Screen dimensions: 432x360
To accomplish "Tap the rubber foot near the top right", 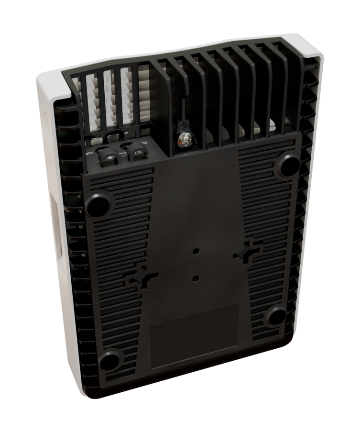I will pos(288,165).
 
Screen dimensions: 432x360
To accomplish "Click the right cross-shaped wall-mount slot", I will pos(247,251).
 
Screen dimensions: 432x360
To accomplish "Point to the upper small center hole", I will pos(196,250).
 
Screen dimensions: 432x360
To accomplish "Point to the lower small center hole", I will pos(196,277).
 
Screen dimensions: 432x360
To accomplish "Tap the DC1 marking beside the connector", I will pos(89,154).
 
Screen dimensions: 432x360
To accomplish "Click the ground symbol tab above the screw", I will pos(182,125).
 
